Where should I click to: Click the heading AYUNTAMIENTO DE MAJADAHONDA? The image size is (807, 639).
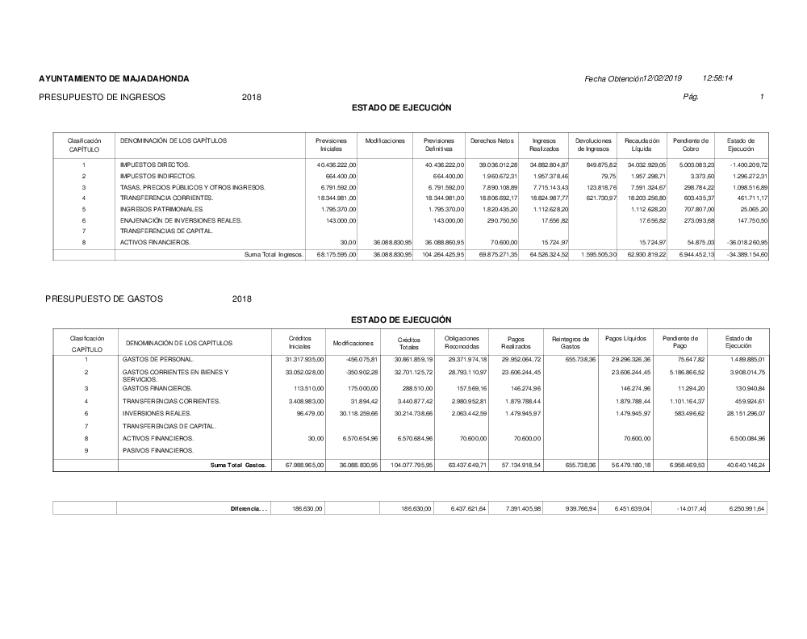tap(114, 79)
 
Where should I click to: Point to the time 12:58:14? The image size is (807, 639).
tap(717, 78)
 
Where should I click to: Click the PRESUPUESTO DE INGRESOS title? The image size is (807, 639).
tap(102, 97)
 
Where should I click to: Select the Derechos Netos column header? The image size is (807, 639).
tap(491, 140)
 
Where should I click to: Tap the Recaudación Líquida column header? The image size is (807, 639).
tap(642, 144)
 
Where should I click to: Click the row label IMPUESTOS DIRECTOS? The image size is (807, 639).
tap(154, 165)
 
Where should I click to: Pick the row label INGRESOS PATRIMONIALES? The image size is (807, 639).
tap(161, 209)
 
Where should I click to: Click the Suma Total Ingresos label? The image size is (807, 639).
tap(274, 255)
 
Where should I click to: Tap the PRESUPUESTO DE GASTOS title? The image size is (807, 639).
tap(104, 299)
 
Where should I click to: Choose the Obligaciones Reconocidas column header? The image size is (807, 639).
tap(462, 342)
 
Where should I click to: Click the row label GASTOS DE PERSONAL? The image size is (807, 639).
tap(157, 358)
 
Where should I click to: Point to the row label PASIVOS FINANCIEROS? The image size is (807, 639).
tap(159, 450)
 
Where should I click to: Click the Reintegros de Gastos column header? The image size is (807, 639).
tap(570, 342)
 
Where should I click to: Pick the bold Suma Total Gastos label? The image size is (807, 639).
tap(238, 466)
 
